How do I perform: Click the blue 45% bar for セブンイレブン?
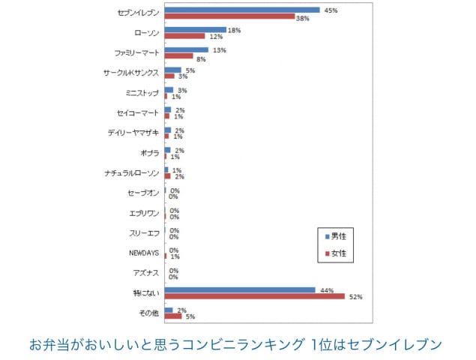242,10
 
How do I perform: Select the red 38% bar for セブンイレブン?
229,16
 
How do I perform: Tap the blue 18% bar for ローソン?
195,30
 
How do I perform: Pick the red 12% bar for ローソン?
184,36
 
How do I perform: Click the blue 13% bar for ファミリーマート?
187,50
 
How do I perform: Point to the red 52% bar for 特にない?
254,296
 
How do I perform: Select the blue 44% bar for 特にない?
240,289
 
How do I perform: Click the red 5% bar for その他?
173,316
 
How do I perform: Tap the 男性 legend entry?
335,236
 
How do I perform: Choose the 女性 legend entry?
335,253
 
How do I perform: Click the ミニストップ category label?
142,93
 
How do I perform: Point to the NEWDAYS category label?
142,253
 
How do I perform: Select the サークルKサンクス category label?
131,73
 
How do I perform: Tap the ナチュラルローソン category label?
132,173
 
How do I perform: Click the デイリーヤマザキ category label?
133,133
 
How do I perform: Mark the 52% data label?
355,297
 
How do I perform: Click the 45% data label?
330,10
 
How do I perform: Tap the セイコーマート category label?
137,113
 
